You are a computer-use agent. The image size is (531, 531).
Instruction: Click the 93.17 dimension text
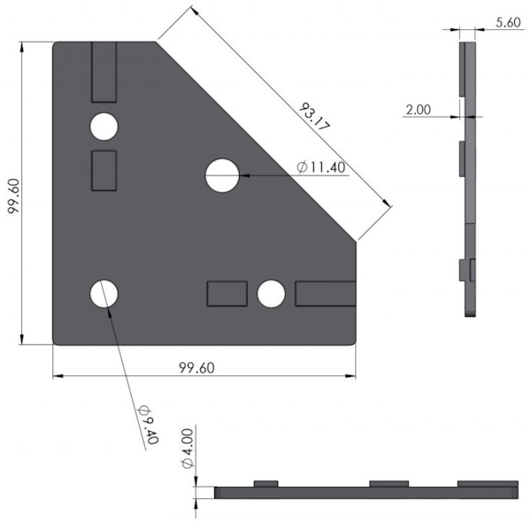pyautogui.click(x=314, y=117)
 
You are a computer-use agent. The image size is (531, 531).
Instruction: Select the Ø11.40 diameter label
pyautogui.click(x=320, y=167)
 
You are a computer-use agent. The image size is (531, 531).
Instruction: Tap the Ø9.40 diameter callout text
pyautogui.click(x=149, y=424)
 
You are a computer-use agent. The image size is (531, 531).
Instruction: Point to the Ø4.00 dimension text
pyautogui.click(x=188, y=449)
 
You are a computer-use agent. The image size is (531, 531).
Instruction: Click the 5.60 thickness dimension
pyautogui.click(x=508, y=22)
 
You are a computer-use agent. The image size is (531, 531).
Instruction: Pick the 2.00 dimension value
pyautogui.click(x=419, y=110)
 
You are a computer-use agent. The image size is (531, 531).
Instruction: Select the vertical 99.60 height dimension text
pyautogui.click(x=14, y=196)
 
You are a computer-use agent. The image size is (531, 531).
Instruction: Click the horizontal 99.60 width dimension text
pyautogui.click(x=196, y=368)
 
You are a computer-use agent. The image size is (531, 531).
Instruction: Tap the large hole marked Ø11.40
pyautogui.click(x=222, y=175)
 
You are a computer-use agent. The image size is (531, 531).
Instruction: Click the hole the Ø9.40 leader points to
pyautogui.click(x=104, y=294)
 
